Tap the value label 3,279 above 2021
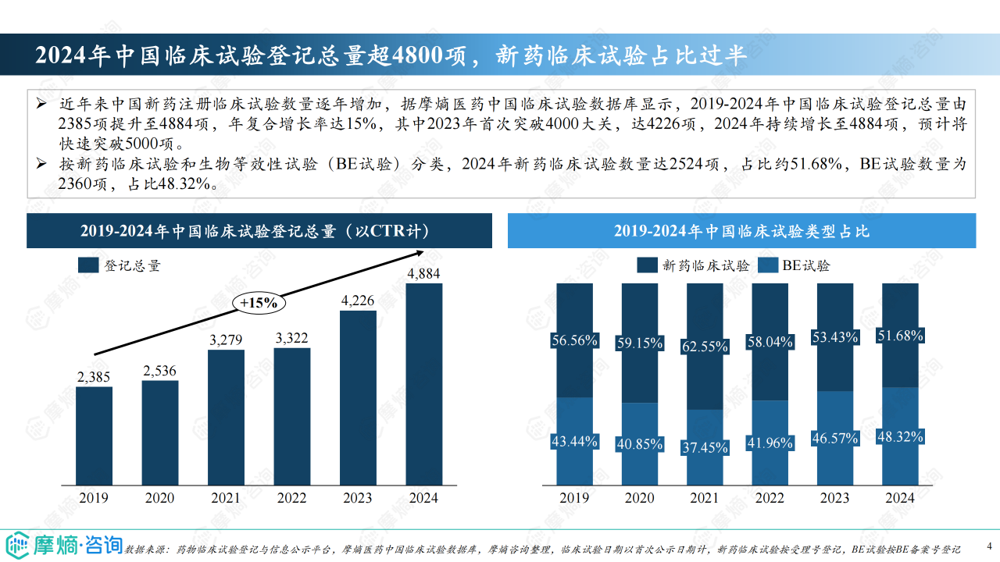[x=226, y=340]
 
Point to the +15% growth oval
[x=259, y=303]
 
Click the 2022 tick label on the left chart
[x=291, y=498]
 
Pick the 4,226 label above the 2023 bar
[x=358, y=301]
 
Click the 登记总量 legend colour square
[x=88, y=265]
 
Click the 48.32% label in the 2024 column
[x=899, y=436]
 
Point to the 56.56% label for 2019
[x=574, y=340]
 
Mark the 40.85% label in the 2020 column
[x=639, y=443]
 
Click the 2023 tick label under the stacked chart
[x=834, y=498]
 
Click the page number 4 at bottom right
[x=989, y=545]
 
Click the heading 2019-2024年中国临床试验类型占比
[x=741, y=232]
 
